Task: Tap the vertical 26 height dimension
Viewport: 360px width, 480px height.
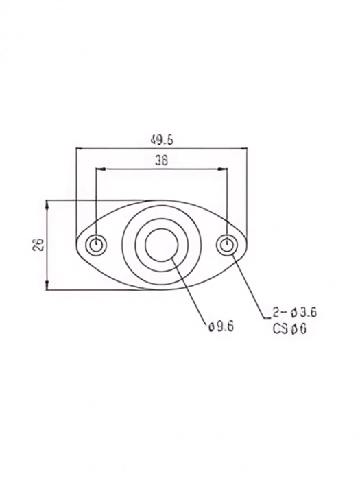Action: (38, 245)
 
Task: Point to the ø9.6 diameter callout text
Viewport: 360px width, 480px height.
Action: (221, 327)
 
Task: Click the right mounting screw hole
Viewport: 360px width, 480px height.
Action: (228, 245)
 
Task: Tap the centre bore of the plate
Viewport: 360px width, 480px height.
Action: (162, 245)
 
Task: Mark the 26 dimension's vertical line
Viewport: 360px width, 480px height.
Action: (47, 219)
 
